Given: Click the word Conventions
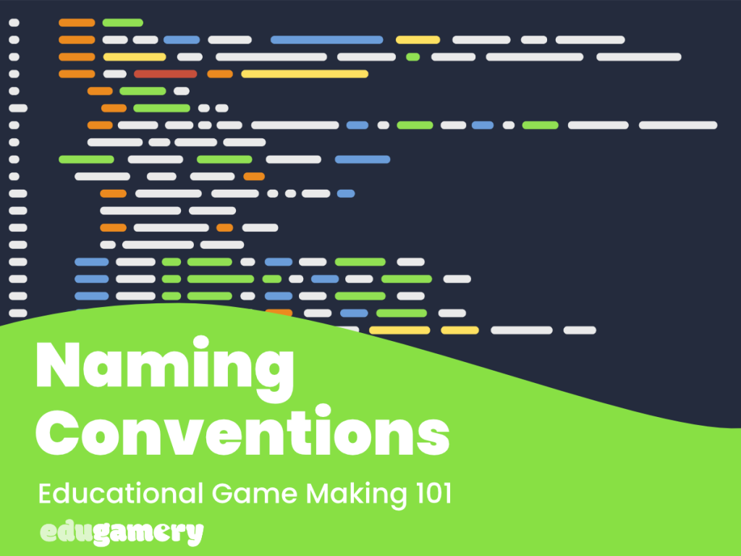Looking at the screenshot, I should point(243,434).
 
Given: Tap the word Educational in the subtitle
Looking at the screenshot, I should point(120,494).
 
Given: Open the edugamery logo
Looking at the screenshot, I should point(122,533).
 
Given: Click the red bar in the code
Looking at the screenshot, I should point(165,73).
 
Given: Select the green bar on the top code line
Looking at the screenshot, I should point(122,23).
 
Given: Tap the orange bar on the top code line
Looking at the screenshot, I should point(77,23).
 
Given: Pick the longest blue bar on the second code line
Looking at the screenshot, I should point(326,40).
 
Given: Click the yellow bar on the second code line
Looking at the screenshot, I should point(418,40).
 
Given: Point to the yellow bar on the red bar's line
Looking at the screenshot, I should point(304,73).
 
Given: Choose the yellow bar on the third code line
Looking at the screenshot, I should point(135,56).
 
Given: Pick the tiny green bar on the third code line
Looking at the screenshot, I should point(412,56).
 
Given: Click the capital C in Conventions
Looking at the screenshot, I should point(61,434).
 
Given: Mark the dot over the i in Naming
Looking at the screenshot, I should point(202,342).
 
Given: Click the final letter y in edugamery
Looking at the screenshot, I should point(195,534).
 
